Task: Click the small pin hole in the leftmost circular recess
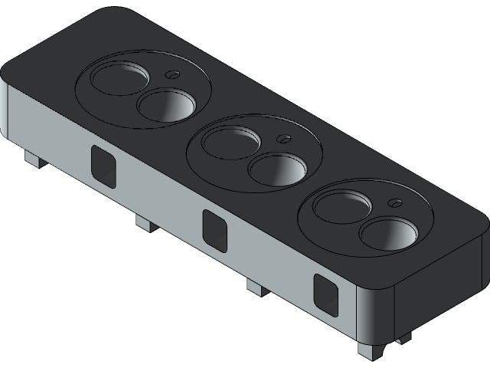tap(172, 75)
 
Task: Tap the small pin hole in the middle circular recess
tap(283, 139)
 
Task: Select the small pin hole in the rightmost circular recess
tap(395, 203)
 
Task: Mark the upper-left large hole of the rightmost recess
tap(341, 205)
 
